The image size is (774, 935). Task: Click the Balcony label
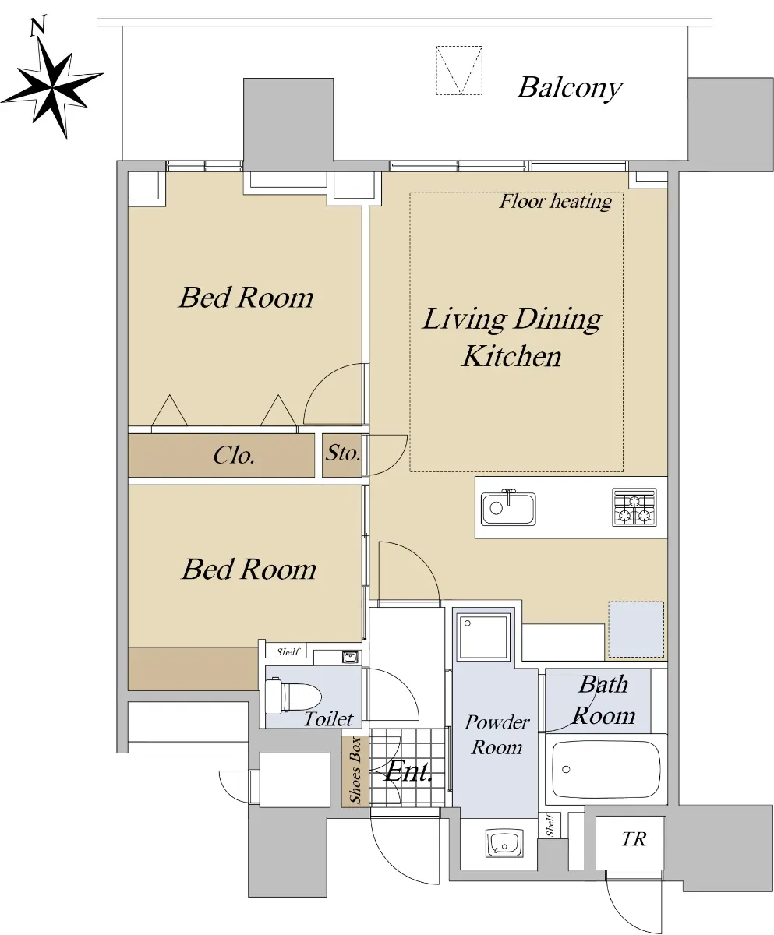click(570, 88)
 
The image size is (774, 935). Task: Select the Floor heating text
click(556, 202)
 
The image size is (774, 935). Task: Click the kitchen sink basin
click(508, 508)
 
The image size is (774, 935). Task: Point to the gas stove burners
click(634, 507)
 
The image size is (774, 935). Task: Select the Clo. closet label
click(234, 455)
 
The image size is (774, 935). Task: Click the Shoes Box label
click(355, 771)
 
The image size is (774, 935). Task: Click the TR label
click(634, 839)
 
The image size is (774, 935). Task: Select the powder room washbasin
click(504, 843)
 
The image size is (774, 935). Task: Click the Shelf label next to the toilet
click(288, 651)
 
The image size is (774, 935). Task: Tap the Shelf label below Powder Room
click(550, 825)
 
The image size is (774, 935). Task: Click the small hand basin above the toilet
click(350, 657)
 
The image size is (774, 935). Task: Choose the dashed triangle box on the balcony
click(460, 70)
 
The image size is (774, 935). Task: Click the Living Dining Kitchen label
click(512, 337)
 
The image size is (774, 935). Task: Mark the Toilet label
click(329, 719)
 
